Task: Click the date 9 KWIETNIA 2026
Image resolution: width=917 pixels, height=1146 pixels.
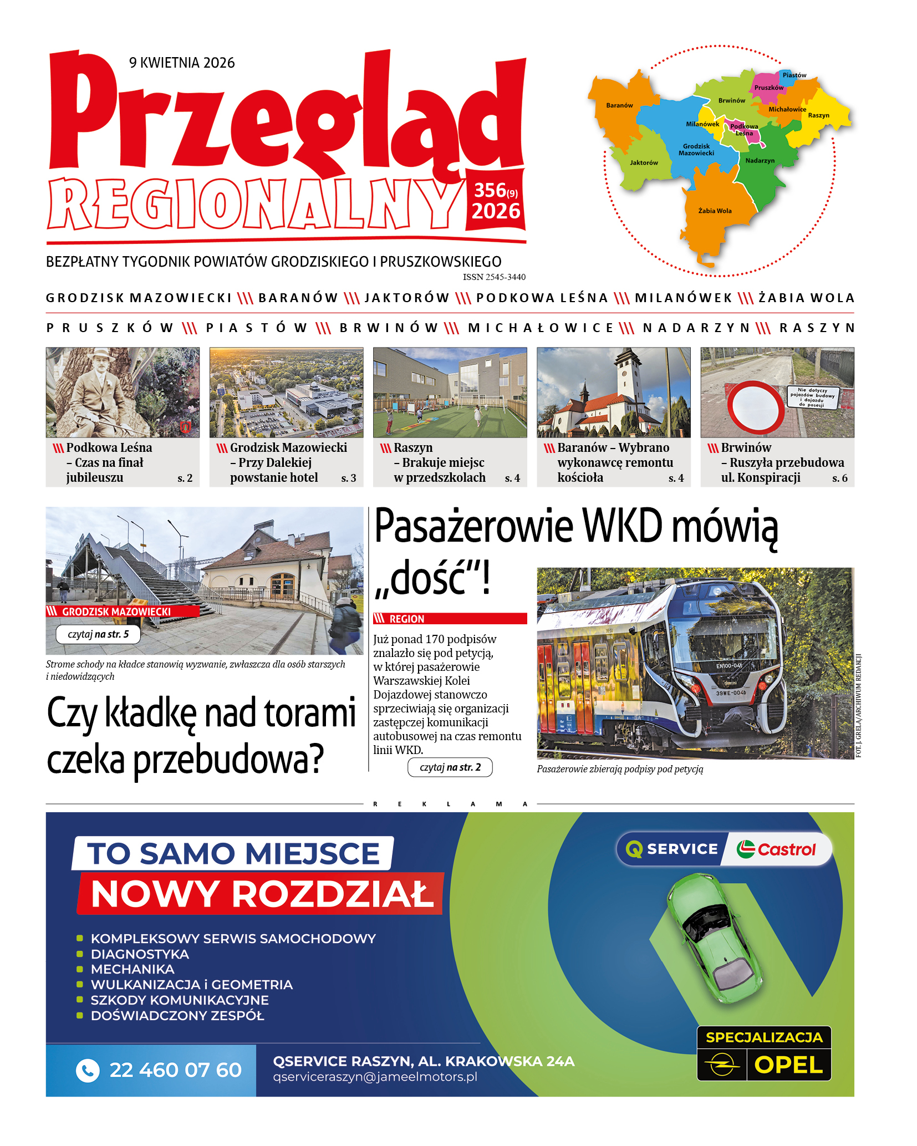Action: (x=182, y=63)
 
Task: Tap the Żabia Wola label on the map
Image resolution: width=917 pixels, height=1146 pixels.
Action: (x=715, y=211)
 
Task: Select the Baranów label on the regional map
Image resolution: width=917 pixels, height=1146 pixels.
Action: (x=619, y=105)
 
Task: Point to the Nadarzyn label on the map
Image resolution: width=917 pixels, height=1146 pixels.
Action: (x=760, y=161)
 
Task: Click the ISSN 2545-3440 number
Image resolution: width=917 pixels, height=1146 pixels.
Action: (x=494, y=277)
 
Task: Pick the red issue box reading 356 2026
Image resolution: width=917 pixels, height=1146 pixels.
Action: (x=496, y=201)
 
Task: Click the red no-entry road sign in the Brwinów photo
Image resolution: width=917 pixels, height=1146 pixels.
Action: (x=755, y=408)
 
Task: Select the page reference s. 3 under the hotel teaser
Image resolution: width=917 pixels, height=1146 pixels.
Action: (x=348, y=478)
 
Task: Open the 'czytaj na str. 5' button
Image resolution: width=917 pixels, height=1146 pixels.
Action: (x=98, y=634)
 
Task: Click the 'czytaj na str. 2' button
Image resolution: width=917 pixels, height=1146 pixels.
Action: (x=450, y=767)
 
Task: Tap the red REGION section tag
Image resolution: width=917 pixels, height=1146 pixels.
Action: (x=450, y=619)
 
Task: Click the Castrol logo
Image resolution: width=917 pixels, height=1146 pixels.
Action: (x=776, y=849)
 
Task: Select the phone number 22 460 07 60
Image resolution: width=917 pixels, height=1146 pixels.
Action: (x=175, y=1070)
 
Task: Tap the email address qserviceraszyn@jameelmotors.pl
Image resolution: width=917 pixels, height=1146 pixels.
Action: (x=375, y=1077)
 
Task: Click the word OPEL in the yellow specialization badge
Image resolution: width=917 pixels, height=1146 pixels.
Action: (x=788, y=1065)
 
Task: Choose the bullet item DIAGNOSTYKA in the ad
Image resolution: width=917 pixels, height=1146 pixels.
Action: (x=140, y=954)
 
